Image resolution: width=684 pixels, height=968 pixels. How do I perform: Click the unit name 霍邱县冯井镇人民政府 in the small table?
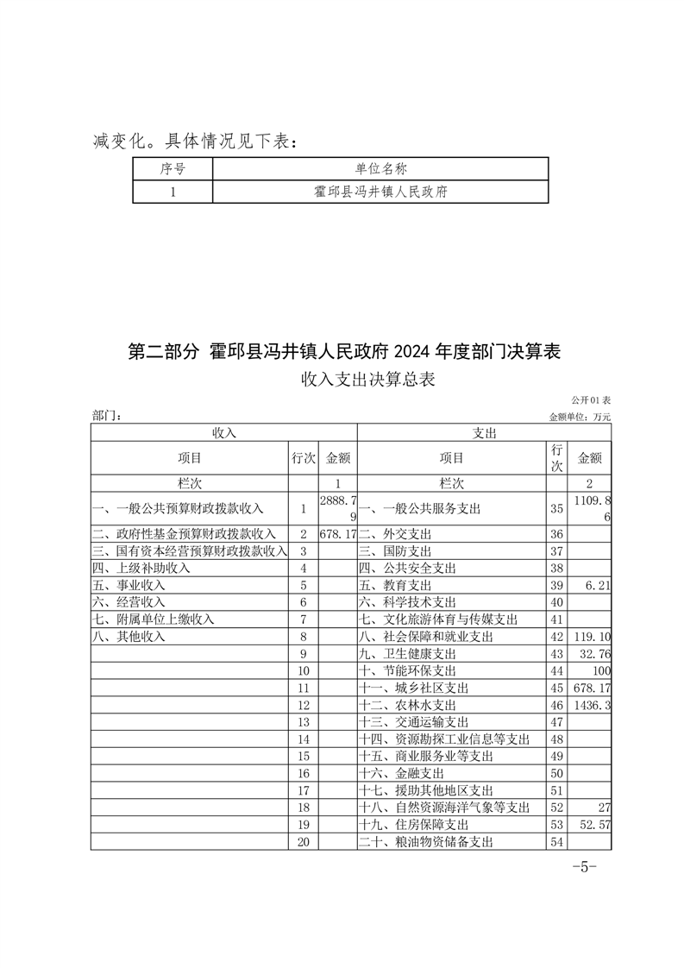[380, 192]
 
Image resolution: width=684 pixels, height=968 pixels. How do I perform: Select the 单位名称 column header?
[380, 169]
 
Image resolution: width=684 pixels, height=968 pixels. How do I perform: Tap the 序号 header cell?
[173, 169]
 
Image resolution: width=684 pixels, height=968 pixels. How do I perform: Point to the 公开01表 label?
[591, 401]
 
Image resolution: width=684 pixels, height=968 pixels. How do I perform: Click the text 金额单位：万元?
[580, 417]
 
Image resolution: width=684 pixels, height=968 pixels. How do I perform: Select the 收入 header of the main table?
[223, 432]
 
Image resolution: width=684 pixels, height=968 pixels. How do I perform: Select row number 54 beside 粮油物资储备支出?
[556, 842]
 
